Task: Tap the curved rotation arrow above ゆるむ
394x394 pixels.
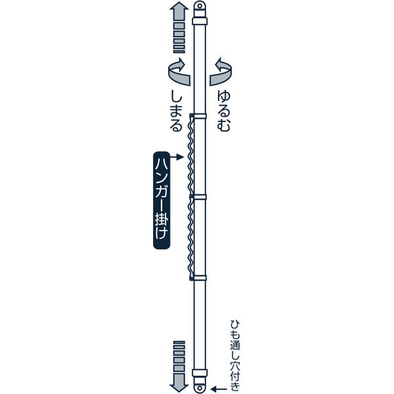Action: point(222,71)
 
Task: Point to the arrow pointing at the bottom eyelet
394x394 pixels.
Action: point(223,388)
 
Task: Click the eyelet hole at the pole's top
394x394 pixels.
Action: point(200,7)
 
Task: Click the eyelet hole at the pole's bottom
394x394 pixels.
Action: point(200,387)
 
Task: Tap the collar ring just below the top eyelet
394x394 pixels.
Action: point(200,22)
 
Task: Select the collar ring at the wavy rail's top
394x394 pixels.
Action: point(199,116)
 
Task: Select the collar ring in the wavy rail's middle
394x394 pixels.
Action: point(199,196)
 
